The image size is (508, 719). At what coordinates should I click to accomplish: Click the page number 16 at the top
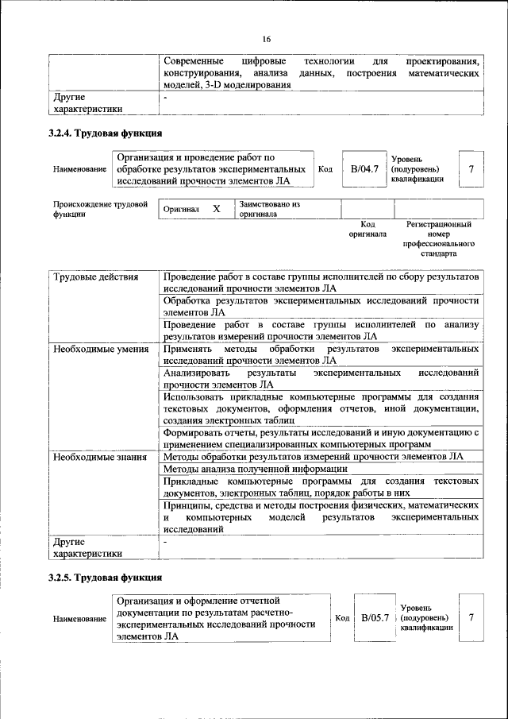click(267, 39)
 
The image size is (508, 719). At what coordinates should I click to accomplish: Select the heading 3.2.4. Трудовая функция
click(105, 133)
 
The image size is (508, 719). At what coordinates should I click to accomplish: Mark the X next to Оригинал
click(216, 209)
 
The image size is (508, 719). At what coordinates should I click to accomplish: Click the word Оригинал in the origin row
click(181, 210)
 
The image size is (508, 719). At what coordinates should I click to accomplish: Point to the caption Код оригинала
click(368, 230)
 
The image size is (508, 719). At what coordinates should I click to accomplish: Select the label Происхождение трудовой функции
click(100, 209)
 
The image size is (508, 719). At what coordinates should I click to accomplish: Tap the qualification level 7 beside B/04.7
click(471, 169)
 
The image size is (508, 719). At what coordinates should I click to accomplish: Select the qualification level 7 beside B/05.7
click(471, 617)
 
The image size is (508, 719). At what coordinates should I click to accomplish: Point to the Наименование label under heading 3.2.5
click(79, 618)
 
